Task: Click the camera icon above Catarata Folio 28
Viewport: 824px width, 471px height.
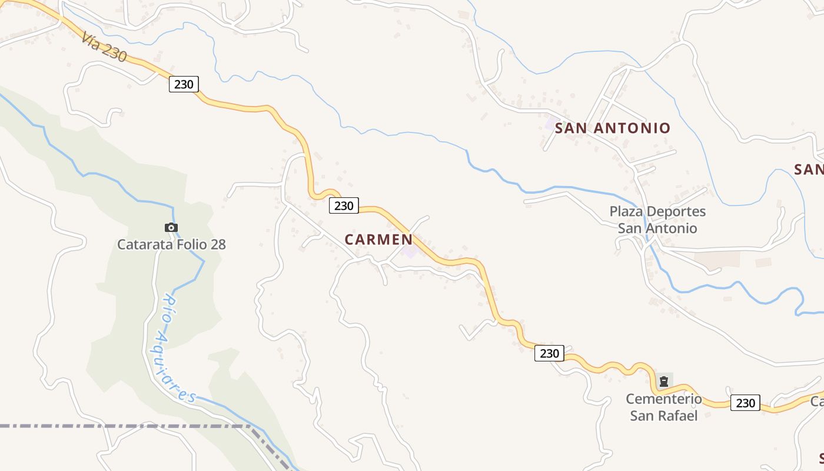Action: pos(171,227)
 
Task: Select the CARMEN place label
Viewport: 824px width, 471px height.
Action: pos(378,240)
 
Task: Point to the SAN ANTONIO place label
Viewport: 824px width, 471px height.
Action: pos(613,128)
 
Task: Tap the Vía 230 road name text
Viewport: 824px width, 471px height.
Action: pos(104,47)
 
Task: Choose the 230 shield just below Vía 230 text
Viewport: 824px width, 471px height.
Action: pos(184,84)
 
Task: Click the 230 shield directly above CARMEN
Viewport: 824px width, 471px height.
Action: pos(344,205)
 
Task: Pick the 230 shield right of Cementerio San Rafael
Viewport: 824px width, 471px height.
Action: pos(745,403)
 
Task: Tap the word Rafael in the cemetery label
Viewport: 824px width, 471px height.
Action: pos(680,416)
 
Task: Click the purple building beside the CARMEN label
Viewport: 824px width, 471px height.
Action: pos(410,251)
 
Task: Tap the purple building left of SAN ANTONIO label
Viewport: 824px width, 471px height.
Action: pos(551,124)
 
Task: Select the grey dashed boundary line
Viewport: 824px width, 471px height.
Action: pos(118,425)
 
